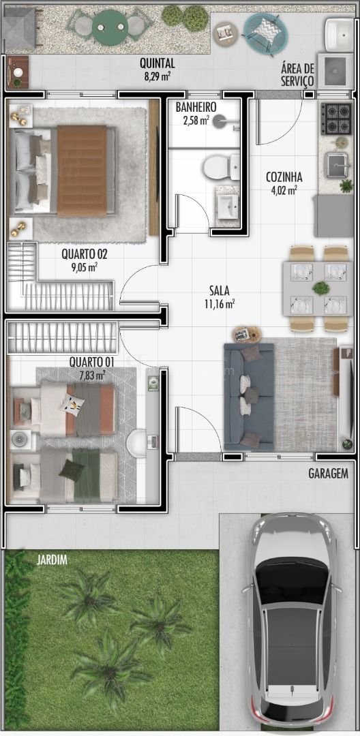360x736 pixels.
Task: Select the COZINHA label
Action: (x=284, y=177)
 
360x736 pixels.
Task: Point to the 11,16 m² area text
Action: (x=220, y=304)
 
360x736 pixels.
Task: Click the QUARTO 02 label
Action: (x=85, y=255)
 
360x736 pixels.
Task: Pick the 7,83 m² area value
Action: (x=91, y=375)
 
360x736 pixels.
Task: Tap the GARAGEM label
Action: (x=329, y=474)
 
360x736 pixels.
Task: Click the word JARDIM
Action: (x=52, y=559)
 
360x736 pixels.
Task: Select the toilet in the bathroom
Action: (x=221, y=168)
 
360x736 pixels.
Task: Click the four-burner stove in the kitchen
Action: (x=336, y=119)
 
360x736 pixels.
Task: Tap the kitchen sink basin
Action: (x=337, y=164)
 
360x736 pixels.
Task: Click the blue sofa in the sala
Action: (x=249, y=395)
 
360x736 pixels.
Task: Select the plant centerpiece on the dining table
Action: (x=320, y=288)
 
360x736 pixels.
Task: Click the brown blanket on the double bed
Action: (x=82, y=171)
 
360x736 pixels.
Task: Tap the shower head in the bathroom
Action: (x=219, y=122)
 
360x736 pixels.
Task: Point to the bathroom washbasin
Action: (x=228, y=206)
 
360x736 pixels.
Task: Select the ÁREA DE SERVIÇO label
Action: (x=297, y=74)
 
